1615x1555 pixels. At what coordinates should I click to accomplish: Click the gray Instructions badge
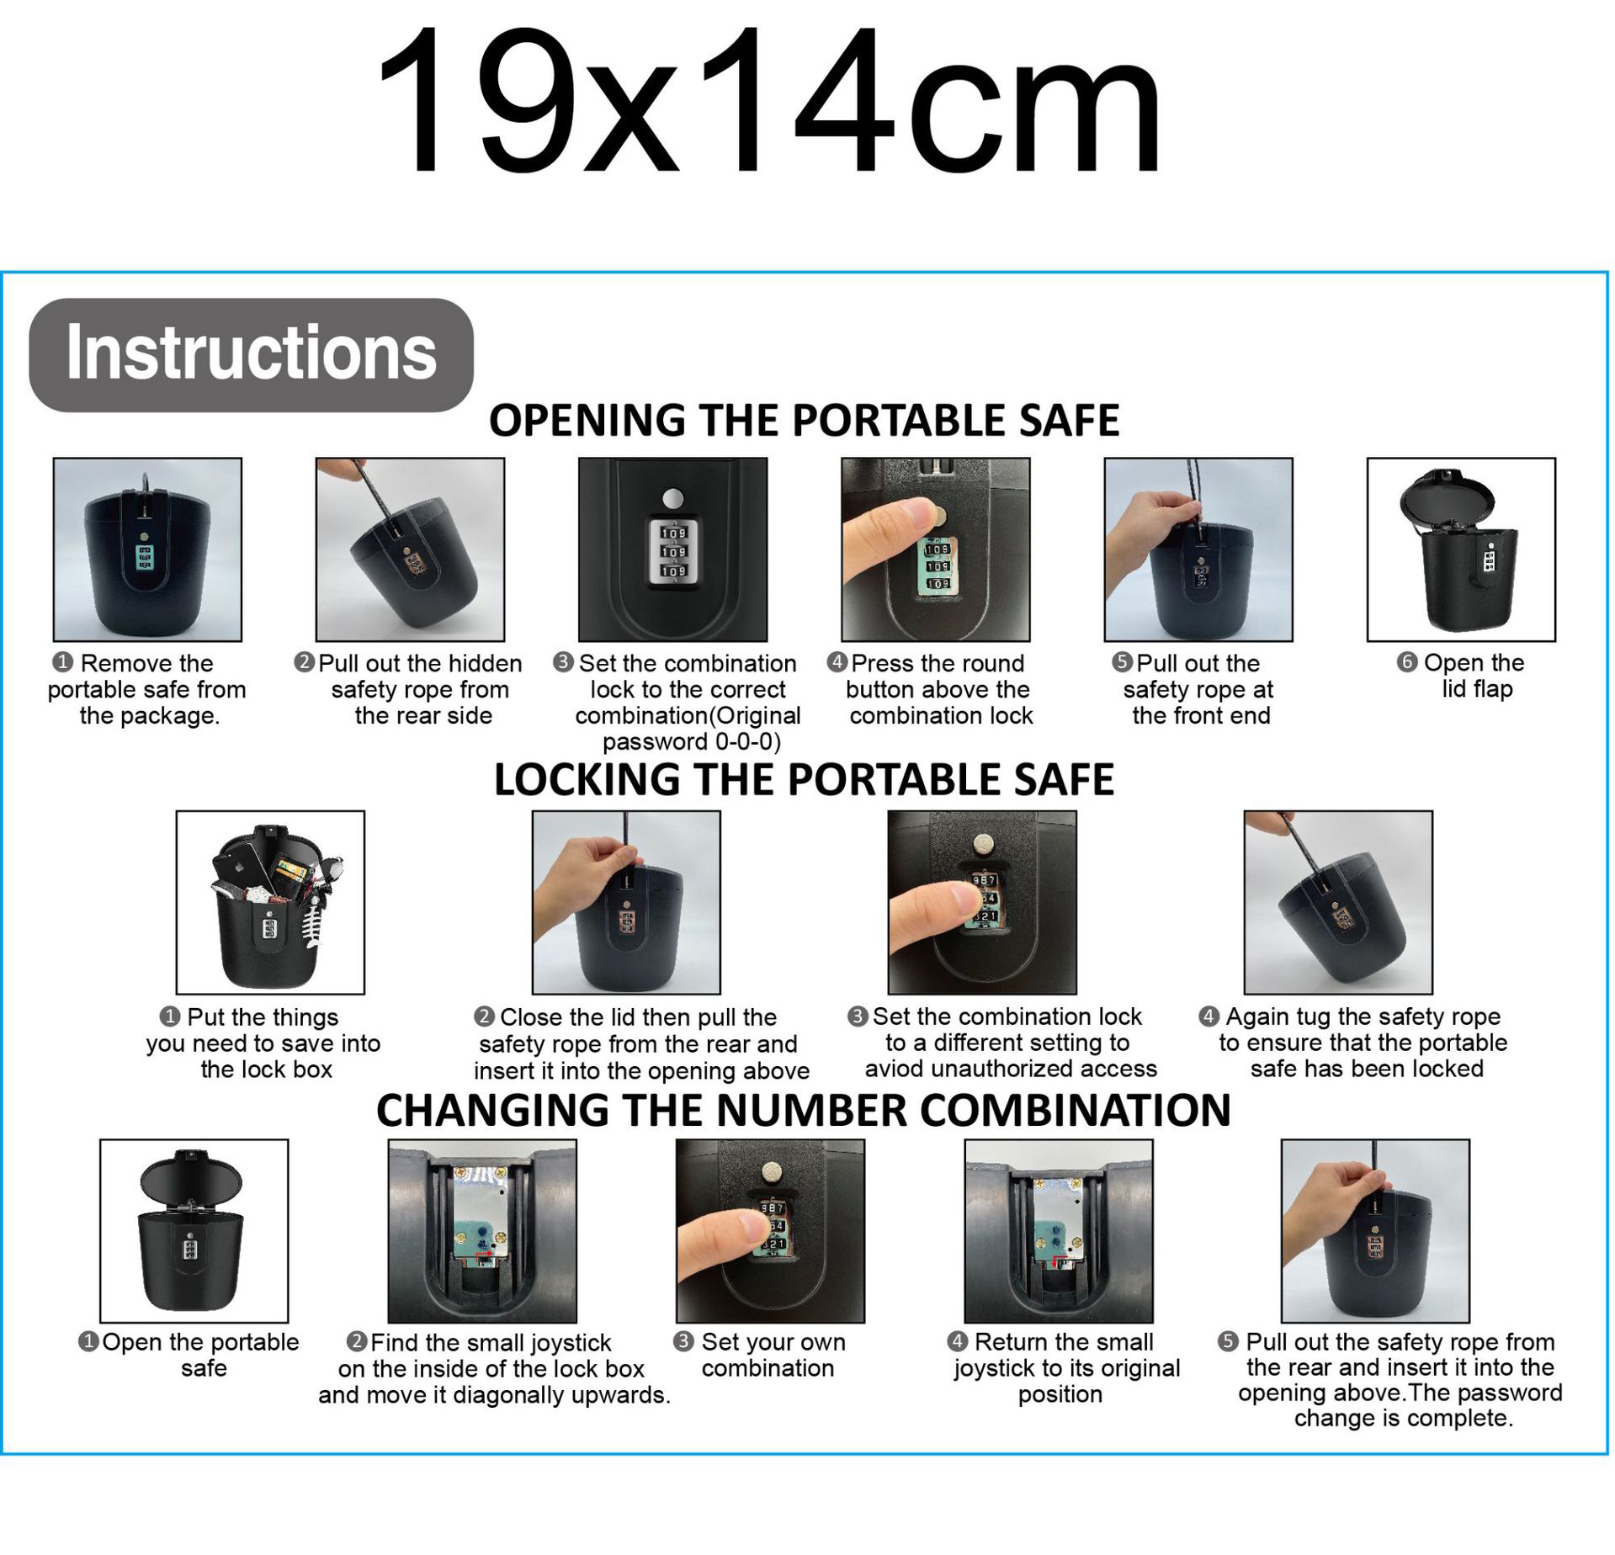[x=251, y=354]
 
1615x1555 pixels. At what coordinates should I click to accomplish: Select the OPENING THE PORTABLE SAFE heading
[x=804, y=420]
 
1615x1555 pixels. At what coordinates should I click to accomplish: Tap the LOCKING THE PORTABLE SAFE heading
[x=804, y=779]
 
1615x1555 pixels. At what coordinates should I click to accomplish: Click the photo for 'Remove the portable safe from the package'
[x=147, y=549]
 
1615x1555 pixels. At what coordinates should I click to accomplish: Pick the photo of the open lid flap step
[x=1461, y=549]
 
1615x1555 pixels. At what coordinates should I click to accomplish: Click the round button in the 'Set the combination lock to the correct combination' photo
[x=672, y=499]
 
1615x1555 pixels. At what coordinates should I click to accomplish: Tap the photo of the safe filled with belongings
[x=270, y=902]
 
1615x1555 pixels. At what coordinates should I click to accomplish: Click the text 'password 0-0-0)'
[x=692, y=742]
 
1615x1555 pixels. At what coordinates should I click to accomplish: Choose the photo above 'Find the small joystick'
[x=482, y=1230]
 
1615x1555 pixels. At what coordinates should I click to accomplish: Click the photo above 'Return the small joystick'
[x=1059, y=1230]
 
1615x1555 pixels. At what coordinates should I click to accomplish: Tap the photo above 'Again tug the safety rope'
[x=1338, y=902]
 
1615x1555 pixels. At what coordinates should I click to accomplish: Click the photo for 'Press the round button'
[x=936, y=549]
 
